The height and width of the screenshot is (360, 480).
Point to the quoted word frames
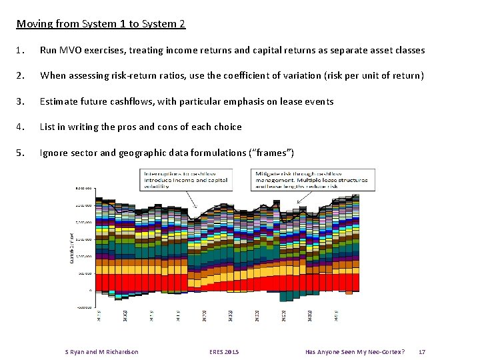[x=270, y=153]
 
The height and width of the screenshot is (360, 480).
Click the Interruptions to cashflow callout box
[x=187, y=180]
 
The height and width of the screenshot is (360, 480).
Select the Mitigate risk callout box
[x=311, y=179]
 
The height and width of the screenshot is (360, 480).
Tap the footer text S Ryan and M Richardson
[x=101, y=351]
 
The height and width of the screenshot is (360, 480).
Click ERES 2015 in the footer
[x=223, y=351]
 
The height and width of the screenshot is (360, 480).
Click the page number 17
[x=421, y=351]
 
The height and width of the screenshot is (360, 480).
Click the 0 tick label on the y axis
[x=90, y=291]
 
